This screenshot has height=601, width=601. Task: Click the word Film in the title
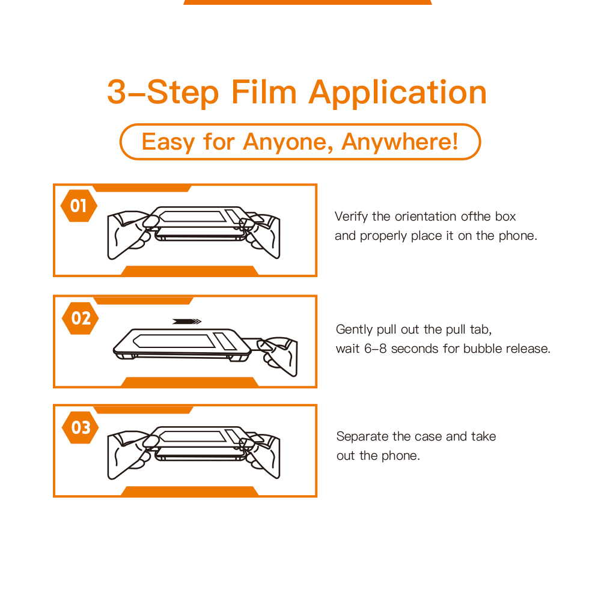(264, 92)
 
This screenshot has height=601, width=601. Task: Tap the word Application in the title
(398, 93)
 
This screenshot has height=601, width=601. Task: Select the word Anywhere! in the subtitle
(400, 142)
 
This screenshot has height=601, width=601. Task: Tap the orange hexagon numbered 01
(79, 206)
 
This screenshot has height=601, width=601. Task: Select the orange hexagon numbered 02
(80, 318)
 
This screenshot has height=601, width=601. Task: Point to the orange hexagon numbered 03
(80, 427)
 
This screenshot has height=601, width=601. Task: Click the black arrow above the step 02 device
(187, 321)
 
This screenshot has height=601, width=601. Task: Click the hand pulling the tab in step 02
(278, 355)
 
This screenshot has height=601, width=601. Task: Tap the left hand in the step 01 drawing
(130, 233)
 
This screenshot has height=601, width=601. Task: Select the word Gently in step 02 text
(354, 329)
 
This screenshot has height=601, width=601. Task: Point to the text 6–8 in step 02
(375, 349)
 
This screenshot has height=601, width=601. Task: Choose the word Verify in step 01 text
(351, 217)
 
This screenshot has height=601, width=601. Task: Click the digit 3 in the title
(117, 92)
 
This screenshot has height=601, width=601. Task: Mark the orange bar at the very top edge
(308, 2)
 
